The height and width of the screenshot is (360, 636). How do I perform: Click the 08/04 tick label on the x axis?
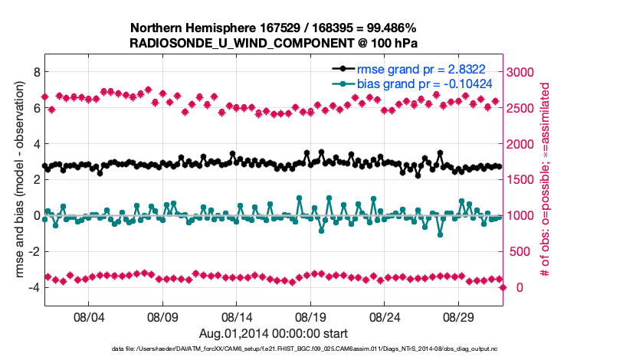point(87,316)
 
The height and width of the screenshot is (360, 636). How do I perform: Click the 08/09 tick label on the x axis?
point(162,316)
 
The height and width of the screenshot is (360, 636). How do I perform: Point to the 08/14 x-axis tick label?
point(237,316)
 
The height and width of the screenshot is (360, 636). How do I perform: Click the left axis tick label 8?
point(36,72)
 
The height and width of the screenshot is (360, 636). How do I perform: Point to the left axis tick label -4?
point(34,287)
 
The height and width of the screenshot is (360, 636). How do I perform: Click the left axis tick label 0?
point(36,215)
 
